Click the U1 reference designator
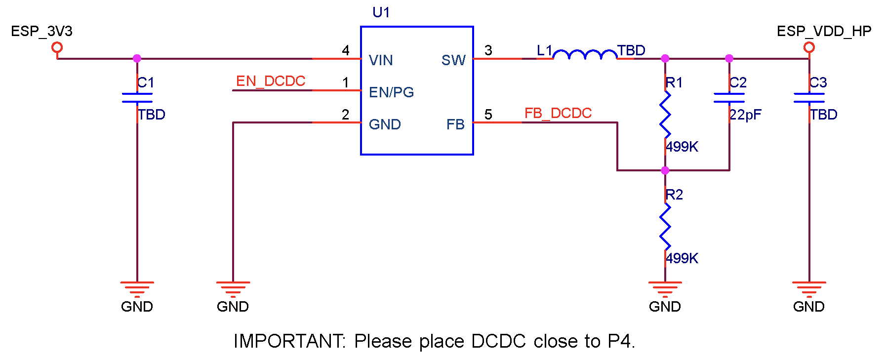pyautogui.click(x=381, y=12)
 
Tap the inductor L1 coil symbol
pyautogui.click(x=585, y=54)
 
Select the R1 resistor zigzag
pyautogui.click(x=665, y=115)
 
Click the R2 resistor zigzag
pyautogui.click(x=665, y=227)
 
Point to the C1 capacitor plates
pyautogui.click(x=137, y=98)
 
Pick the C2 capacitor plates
pyautogui.click(x=729, y=98)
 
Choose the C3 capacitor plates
pyautogui.click(x=809, y=98)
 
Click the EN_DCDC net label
pyautogui.click(x=271, y=81)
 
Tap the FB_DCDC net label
pyautogui.click(x=558, y=113)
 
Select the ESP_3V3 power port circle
pyautogui.click(x=57, y=47)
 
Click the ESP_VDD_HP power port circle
pyautogui.click(x=809, y=47)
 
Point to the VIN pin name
pyautogui.click(x=381, y=60)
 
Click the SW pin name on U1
pyautogui.click(x=453, y=60)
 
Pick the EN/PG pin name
pyautogui.click(x=391, y=92)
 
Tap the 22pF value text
pyautogui.click(x=746, y=115)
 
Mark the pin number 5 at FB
pyautogui.click(x=488, y=115)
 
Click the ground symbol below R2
pyautogui.click(x=665, y=288)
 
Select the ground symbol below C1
pyautogui.click(x=137, y=288)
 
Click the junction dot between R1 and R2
pyautogui.click(x=665, y=170)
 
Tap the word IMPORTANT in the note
pyautogui.click(x=289, y=341)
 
